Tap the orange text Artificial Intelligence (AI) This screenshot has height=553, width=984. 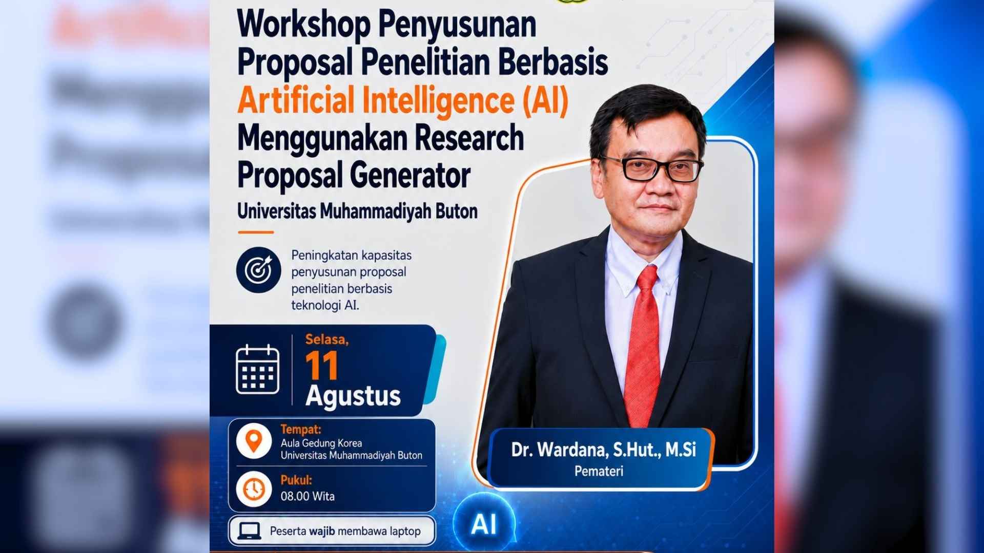pyautogui.click(x=403, y=100)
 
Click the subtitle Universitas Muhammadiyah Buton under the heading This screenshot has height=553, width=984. pyautogui.click(x=357, y=211)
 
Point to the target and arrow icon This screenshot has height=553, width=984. pyautogui.click(x=259, y=270)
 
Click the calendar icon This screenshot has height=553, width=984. pyautogui.click(x=257, y=369)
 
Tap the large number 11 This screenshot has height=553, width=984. pyautogui.click(x=322, y=366)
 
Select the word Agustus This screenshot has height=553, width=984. pyautogui.click(x=353, y=396)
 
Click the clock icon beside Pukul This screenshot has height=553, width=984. pyautogui.click(x=254, y=489)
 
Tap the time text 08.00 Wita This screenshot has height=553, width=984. pyautogui.click(x=307, y=496)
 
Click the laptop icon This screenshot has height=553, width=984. pyautogui.click(x=250, y=531)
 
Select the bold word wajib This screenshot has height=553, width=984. pyautogui.click(x=322, y=531)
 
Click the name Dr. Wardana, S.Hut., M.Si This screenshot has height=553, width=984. pyautogui.click(x=603, y=450)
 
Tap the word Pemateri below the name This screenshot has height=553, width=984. pyautogui.click(x=599, y=471)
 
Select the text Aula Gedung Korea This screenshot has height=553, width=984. pyautogui.click(x=321, y=443)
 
